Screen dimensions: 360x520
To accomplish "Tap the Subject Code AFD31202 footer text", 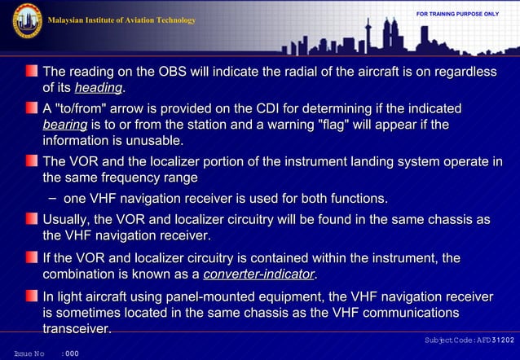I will tap(468, 339).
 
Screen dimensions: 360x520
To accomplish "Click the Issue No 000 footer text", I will tap(46, 353).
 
